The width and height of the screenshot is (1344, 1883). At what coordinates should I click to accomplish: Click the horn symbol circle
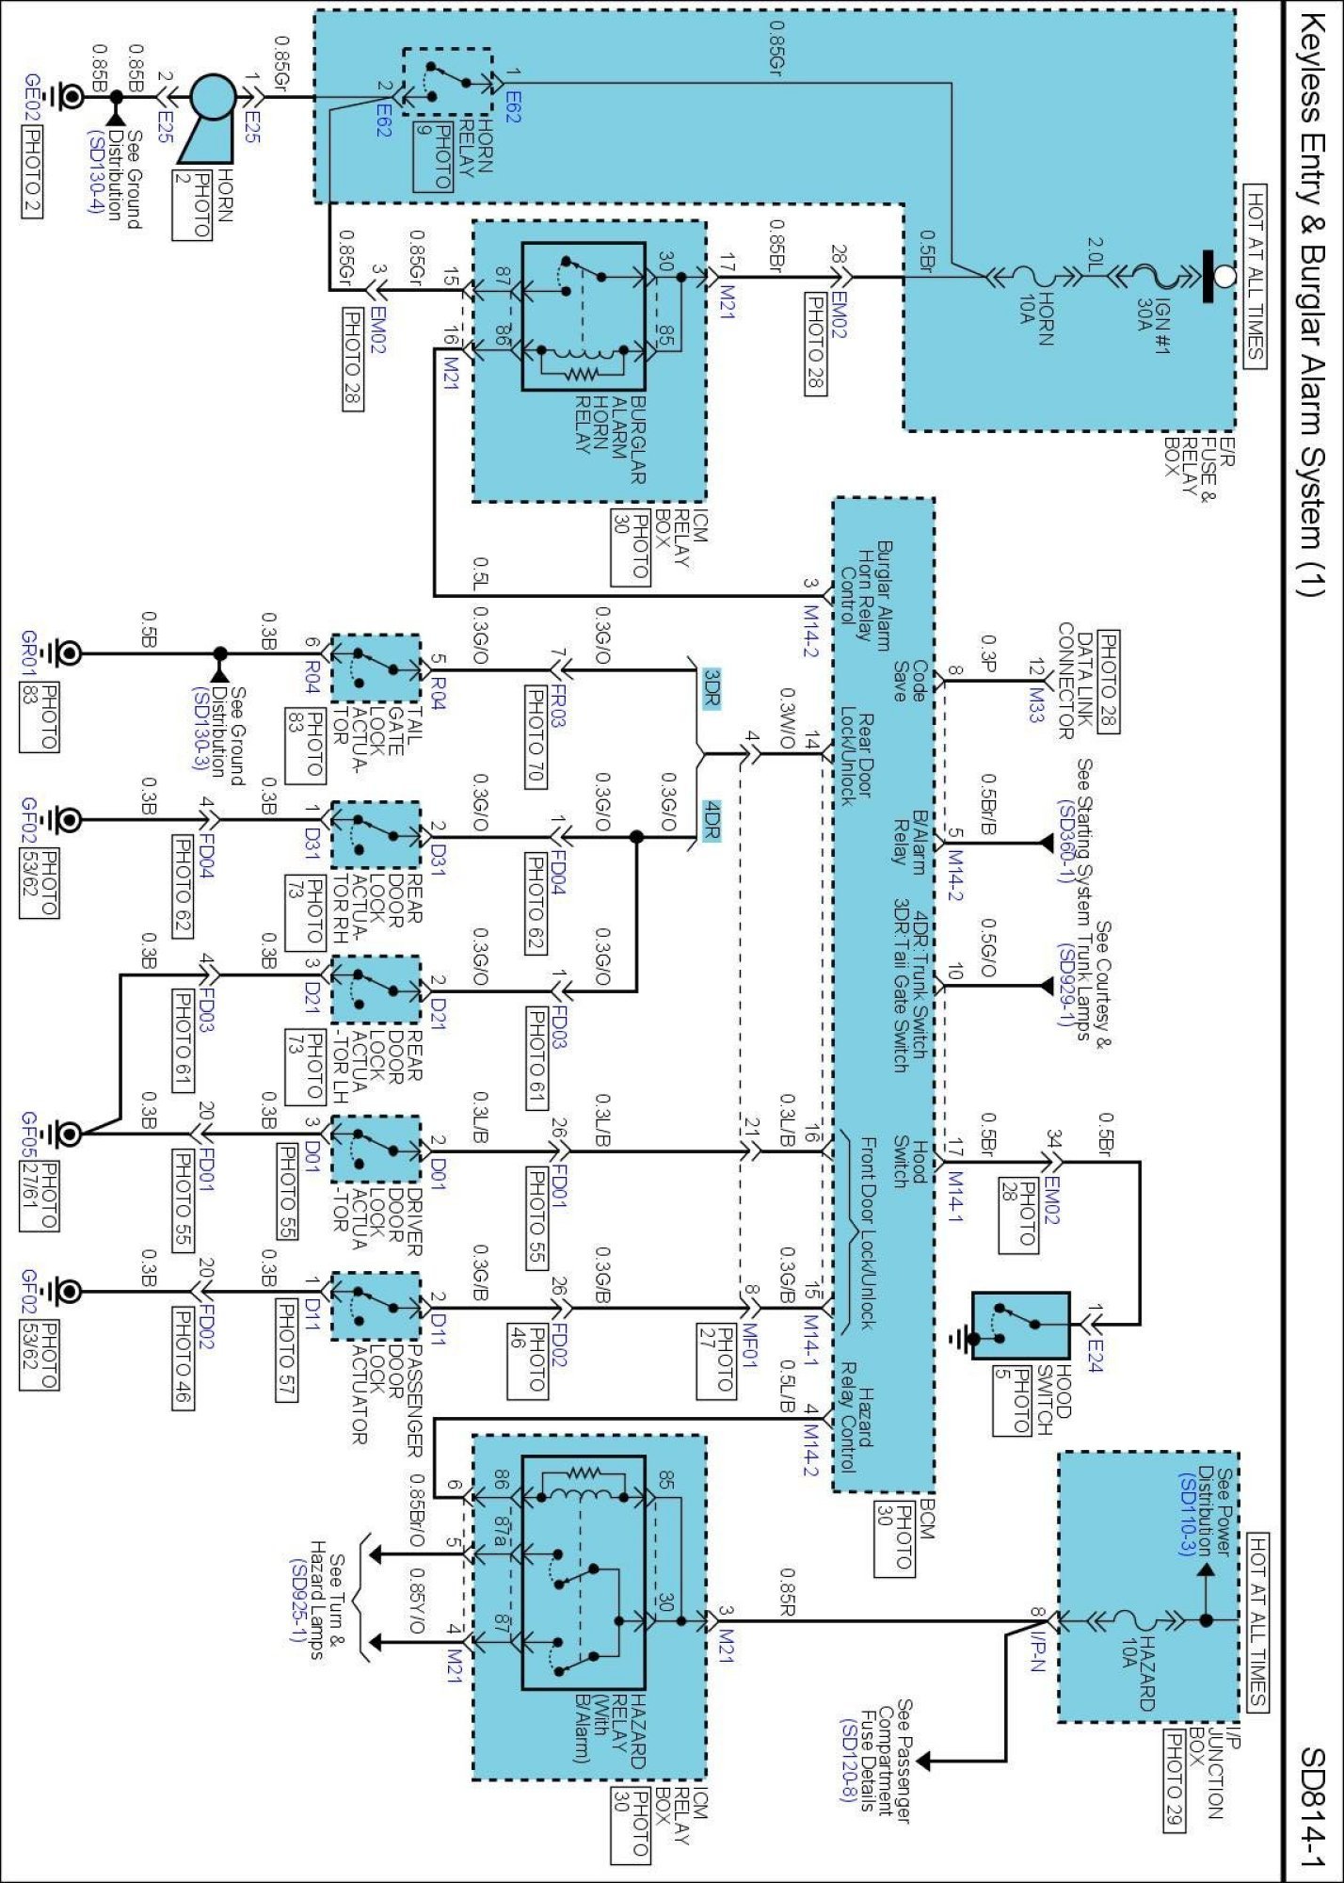[213, 97]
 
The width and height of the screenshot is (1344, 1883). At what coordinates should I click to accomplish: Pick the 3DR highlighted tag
[712, 687]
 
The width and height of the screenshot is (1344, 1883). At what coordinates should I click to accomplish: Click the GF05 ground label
[30, 1134]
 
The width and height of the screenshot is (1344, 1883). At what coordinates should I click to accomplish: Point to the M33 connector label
[1035, 703]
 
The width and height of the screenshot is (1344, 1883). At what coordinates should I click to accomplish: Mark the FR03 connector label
[558, 707]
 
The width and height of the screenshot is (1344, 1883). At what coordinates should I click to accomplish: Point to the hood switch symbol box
[1020, 1325]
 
